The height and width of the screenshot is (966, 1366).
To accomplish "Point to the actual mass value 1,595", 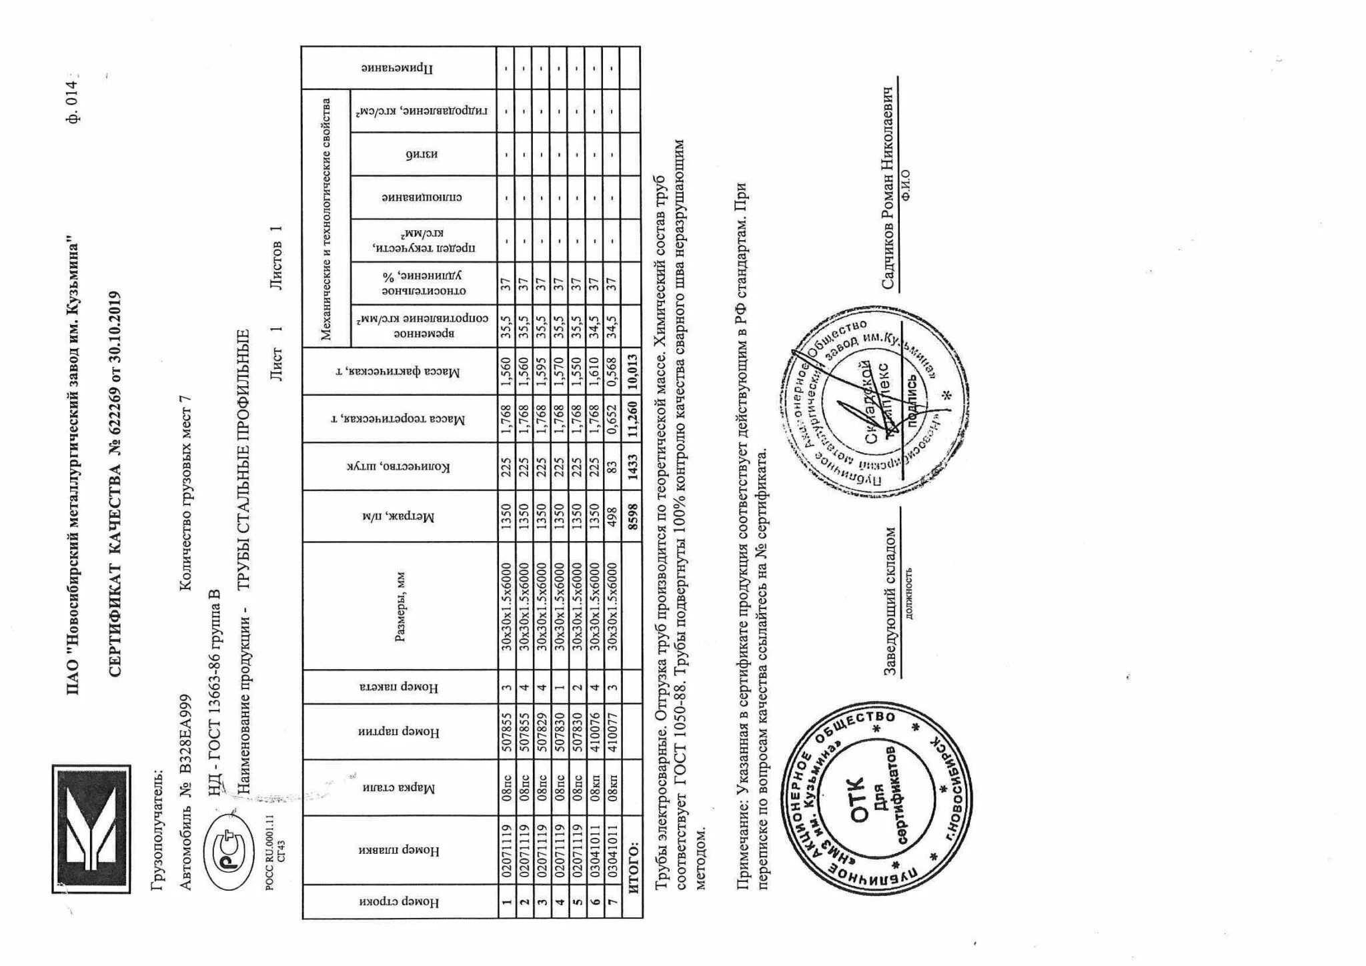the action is point(542,371).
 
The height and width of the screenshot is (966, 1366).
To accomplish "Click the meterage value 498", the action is point(612,518).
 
